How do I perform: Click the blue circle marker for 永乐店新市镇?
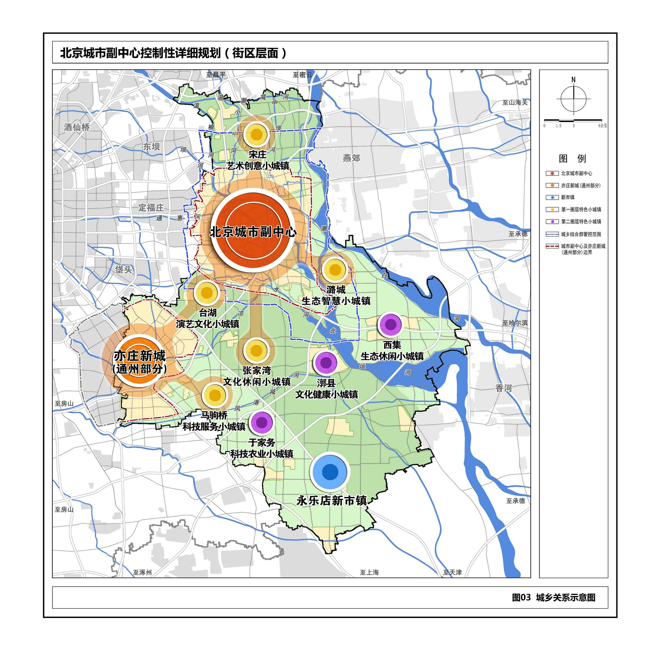click(330, 471)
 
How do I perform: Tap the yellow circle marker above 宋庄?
click(256, 134)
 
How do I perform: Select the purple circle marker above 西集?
click(390, 324)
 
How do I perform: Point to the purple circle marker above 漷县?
click(326, 362)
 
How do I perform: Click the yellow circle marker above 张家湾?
click(256, 351)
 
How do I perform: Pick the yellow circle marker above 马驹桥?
click(215, 395)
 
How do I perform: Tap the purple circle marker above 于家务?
click(262, 422)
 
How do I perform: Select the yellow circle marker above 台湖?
click(207, 293)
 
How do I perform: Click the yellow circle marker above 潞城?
click(335, 269)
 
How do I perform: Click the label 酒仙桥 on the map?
click(77, 127)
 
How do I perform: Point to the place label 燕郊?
click(351, 158)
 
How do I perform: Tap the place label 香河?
click(503, 388)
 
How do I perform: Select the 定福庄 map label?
click(151, 208)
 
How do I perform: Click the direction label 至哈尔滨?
click(515, 323)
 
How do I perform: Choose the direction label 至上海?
click(369, 572)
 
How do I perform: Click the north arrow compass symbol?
click(573, 99)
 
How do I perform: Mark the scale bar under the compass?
click(573, 120)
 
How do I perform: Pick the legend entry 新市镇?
click(568, 197)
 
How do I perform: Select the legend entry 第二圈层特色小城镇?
click(581, 222)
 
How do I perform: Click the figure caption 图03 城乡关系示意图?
click(554, 598)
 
